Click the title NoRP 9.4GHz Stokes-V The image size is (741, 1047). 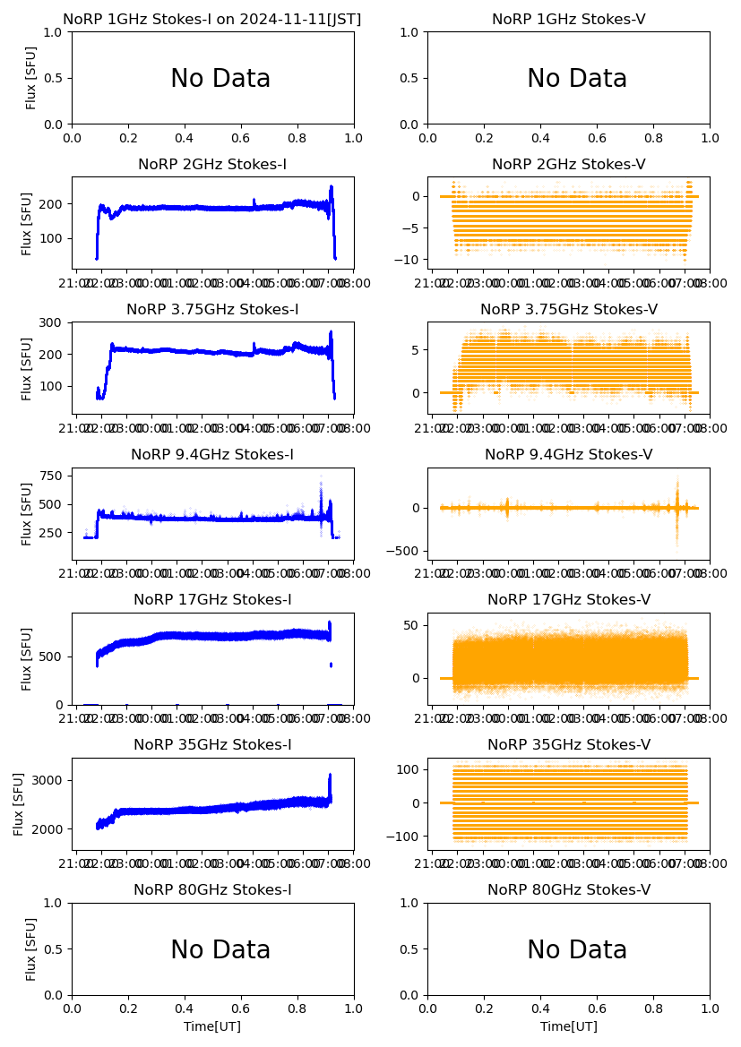click(568, 455)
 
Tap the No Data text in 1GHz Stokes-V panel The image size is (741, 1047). click(576, 79)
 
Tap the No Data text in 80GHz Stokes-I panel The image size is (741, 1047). click(220, 949)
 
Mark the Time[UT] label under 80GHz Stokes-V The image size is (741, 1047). click(568, 1026)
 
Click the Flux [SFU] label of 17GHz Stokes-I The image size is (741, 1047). click(27, 658)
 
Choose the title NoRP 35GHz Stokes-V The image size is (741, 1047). click(568, 745)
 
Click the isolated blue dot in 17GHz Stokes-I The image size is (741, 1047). click(331, 665)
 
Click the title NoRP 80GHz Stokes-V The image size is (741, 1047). click(568, 890)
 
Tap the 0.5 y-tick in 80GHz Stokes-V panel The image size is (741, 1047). click(412, 949)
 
